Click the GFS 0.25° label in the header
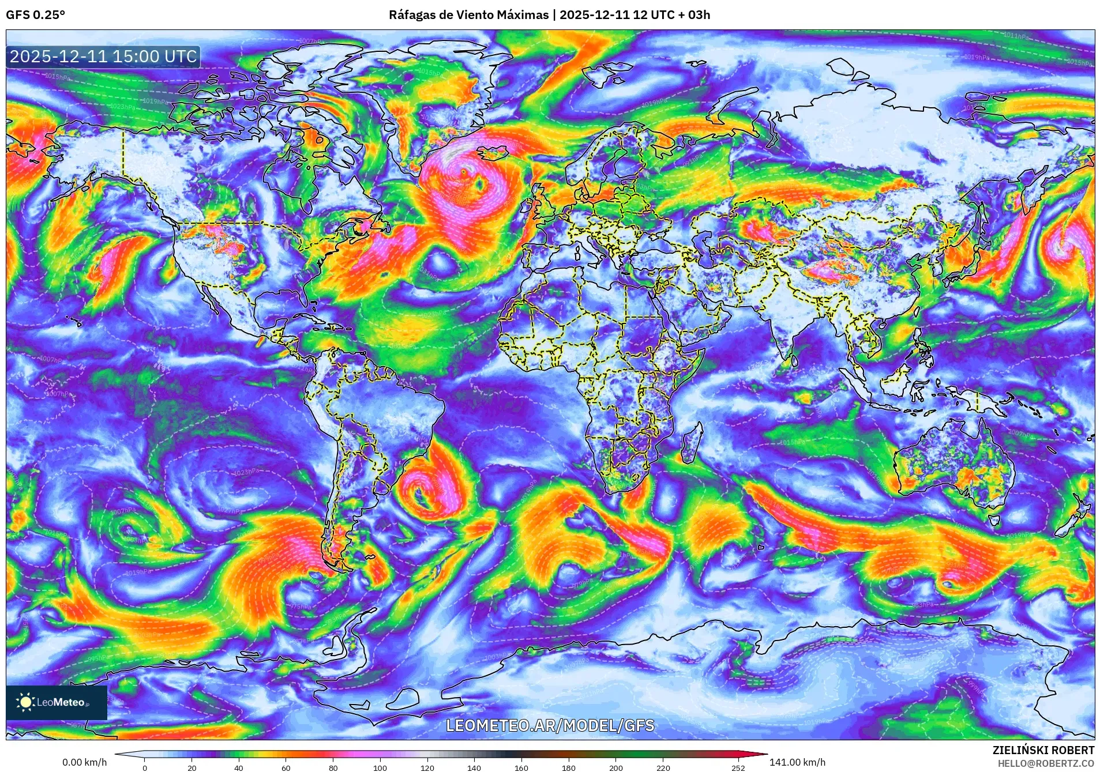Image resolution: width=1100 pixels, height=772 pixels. [x=35, y=15]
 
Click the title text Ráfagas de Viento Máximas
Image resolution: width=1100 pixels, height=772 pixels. [x=468, y=15]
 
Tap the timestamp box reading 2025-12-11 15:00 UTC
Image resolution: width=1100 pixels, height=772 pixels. [x=103, y=57]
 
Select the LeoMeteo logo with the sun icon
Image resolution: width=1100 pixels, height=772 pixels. [x=57, y=702]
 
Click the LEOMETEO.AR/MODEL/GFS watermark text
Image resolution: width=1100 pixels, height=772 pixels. [x=550, y=725]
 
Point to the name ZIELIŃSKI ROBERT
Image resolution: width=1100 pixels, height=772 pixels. [x=1043, y=750]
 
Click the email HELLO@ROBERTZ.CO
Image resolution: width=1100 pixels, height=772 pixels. [x=1046, y=763]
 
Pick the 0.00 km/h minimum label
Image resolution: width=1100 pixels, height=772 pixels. [x=84, y=762]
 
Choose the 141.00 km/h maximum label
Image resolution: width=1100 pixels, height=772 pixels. [x=797, y=762]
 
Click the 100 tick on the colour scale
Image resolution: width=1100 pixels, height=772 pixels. [x=380, y=767]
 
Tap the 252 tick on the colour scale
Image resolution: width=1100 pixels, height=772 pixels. [x=738, y=767]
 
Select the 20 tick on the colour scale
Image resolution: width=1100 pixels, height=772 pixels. [x=192, y=767]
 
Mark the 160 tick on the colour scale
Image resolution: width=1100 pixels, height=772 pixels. [x=521, y=767]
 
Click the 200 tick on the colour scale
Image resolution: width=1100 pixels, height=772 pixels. [x=615, y=767]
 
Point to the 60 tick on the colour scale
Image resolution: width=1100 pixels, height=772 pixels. [x=286, y=767]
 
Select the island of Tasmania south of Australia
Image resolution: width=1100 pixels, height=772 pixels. [x=994, y=520]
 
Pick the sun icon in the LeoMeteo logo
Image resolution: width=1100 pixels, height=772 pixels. [x=25, y=702]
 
